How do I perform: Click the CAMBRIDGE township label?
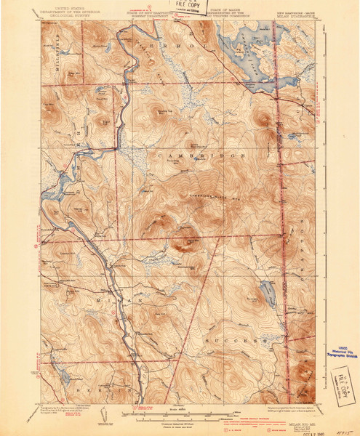pos(193,156)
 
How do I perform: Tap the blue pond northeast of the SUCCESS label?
pos(267,295)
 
